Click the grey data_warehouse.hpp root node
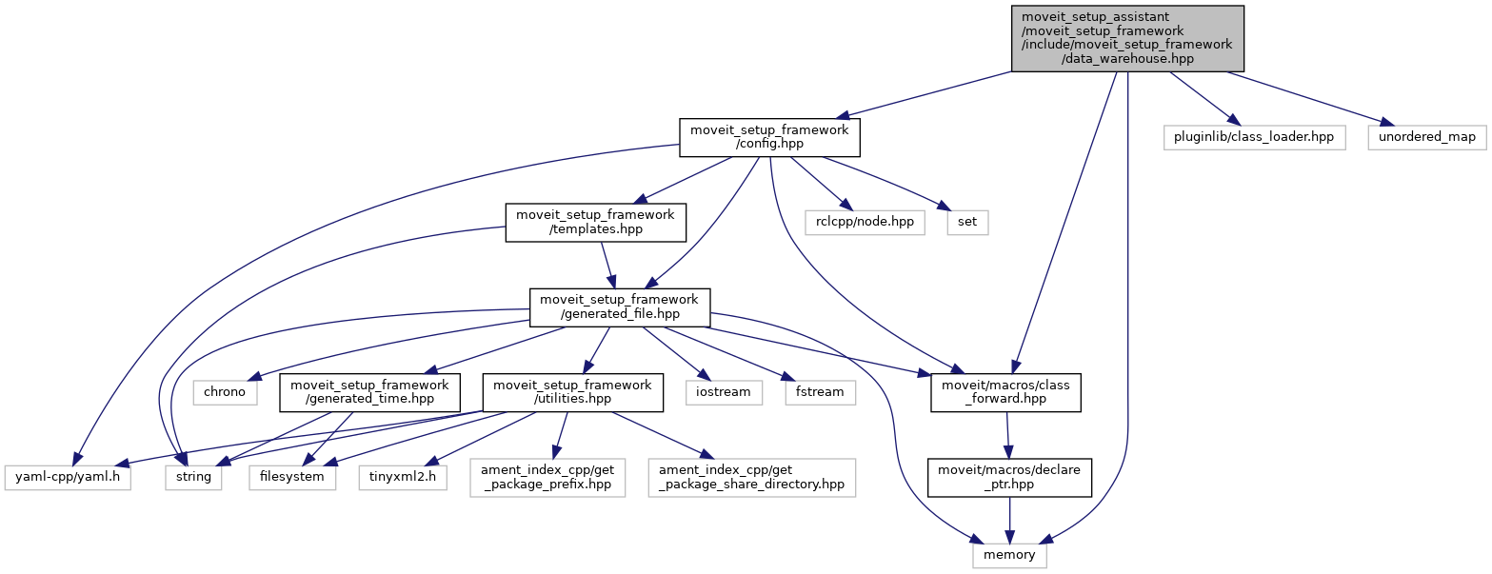point(1127,37)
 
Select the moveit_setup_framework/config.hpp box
point(768,137)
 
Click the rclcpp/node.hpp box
point(865,222)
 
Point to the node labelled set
point(967,222)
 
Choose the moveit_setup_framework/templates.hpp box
point(595,222)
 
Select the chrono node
point(225,391)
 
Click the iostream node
point(723,391)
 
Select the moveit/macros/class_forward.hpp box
point(1005,391)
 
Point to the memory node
point(1009,554)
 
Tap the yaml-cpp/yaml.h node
point(67,476)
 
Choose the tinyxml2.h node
point(403,476)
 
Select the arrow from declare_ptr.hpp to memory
point(1009,519)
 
